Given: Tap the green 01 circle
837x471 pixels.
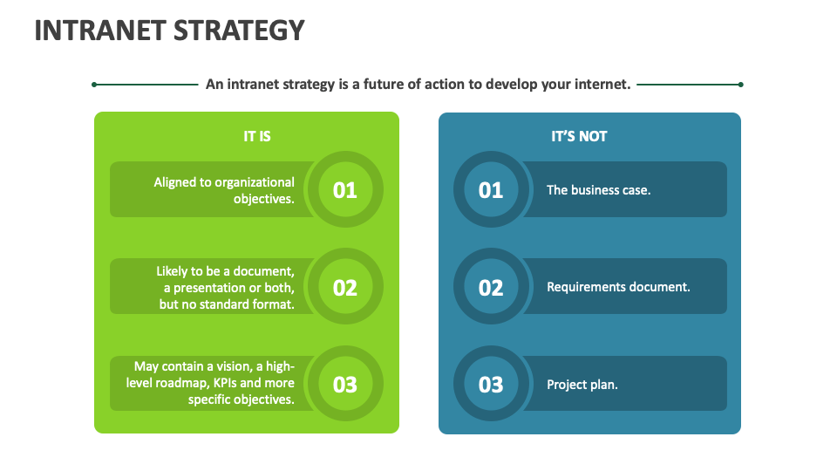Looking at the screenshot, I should click(x=345, y=189).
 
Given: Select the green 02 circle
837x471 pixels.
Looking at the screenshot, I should click(x=345, y=287).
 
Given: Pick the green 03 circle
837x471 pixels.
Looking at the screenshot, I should click(x=345, y=384).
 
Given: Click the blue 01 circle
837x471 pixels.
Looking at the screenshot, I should click(x=491, y=189).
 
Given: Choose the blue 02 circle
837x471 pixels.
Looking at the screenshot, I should click(x=491, y=287).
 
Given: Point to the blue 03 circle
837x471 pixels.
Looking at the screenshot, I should click(x=491, y=384).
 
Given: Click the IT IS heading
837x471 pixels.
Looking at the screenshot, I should click(x=257, y=136).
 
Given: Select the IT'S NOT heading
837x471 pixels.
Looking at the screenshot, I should click(x=579, y=136).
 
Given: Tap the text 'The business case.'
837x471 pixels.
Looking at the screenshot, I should click(x=598, y=189).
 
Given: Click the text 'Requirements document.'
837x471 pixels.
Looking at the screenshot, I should click(x=618, y=287).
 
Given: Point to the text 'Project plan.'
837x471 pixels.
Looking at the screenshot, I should click(x=582, y=385).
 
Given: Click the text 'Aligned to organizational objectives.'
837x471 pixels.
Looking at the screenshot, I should click(x=224, y=190).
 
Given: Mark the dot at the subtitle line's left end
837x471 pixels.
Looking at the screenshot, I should click(x=94, y=85).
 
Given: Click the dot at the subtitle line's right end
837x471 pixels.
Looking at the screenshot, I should click(x=740, y=85).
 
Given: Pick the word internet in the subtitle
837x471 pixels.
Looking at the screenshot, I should click(x=601, y=85).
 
